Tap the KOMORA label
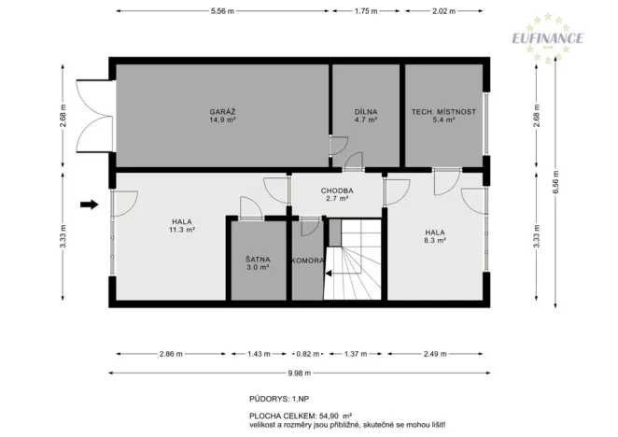click(307, 261)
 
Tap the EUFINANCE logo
click(547, 37)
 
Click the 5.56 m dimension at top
click(221, 11)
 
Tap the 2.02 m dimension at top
click(443, 11)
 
